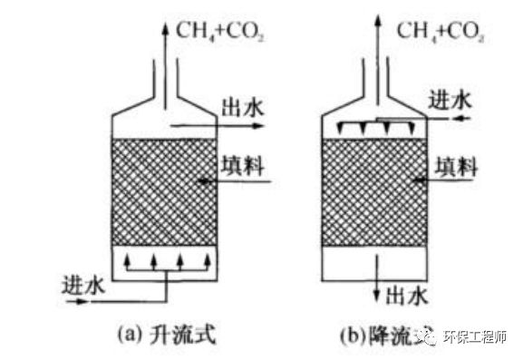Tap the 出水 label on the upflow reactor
coord(240,106)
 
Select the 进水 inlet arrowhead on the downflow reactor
coord(414,117)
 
